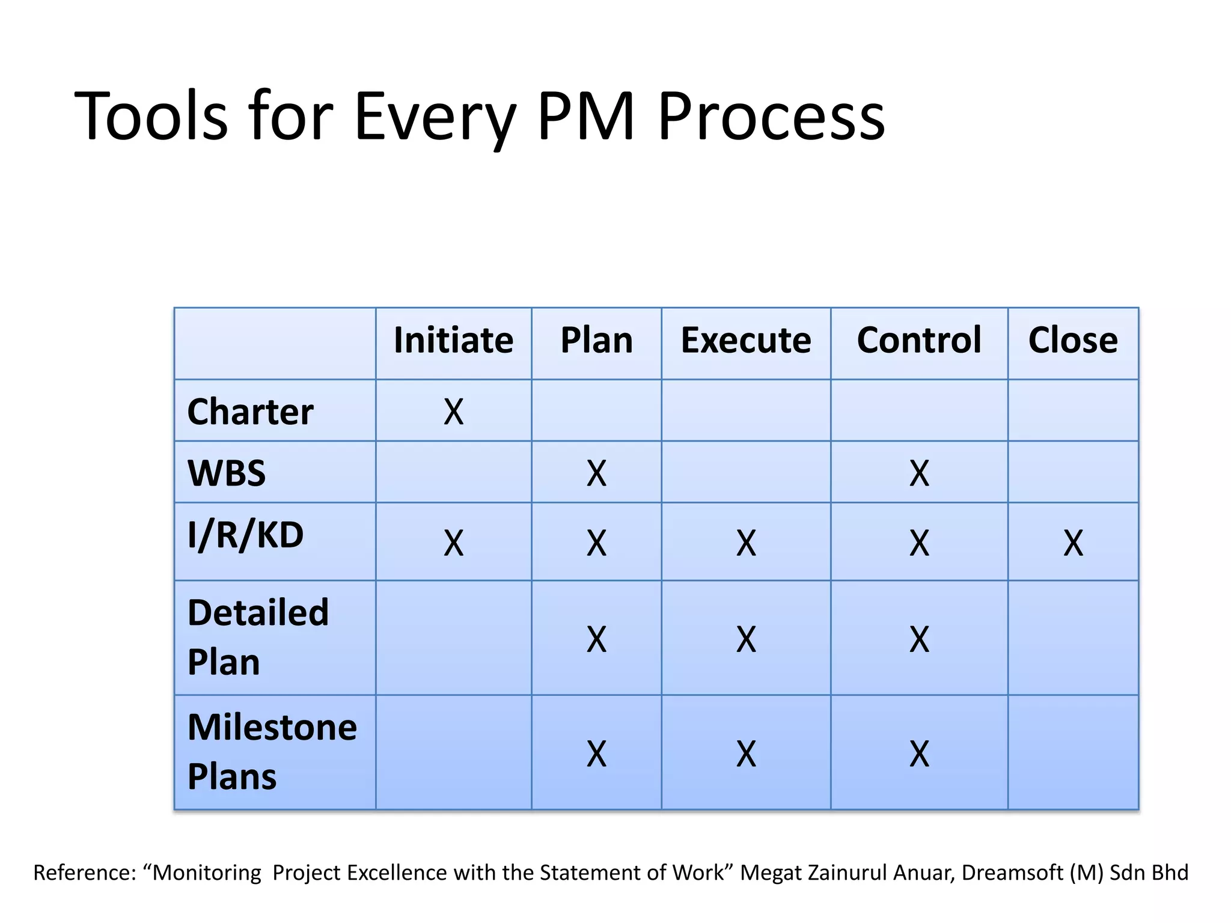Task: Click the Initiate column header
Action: pyautogui.click(x=453, y=341)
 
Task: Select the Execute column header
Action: pyautogui.click(x=745, y=341)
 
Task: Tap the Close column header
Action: pyautogui.click(x=1073, y=341)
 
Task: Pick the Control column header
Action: pyautogui.click(x=918, y=341)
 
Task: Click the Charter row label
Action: pyautogui.click(x=250, y=412)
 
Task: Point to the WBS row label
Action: pyautogui.click(x=227, y=474)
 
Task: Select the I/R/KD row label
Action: pyautogui.click(x=245, y=535)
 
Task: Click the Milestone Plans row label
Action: pyautogui.click(x=272, y=752)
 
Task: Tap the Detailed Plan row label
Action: pyautogui.click(x=258, y=638)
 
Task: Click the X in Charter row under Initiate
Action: pyautogui.click(x=453, y=413)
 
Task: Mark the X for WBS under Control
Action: pyautogui.click(x=919, y=474)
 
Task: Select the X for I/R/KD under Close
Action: pyautogui.click(x=1073, y=543)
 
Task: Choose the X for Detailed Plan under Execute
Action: pyautogui.click(x=746, y=639)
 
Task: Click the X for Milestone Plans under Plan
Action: pyautogui.click(x=596, y=754)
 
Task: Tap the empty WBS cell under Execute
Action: pyautogui.click(x=746, y=472)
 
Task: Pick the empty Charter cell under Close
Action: pyautogui.click(x=1073, y=410)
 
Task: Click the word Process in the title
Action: pyautogui.click(x=771, y=116)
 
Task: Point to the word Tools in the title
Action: pyautogui.click(x=151, y=116)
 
